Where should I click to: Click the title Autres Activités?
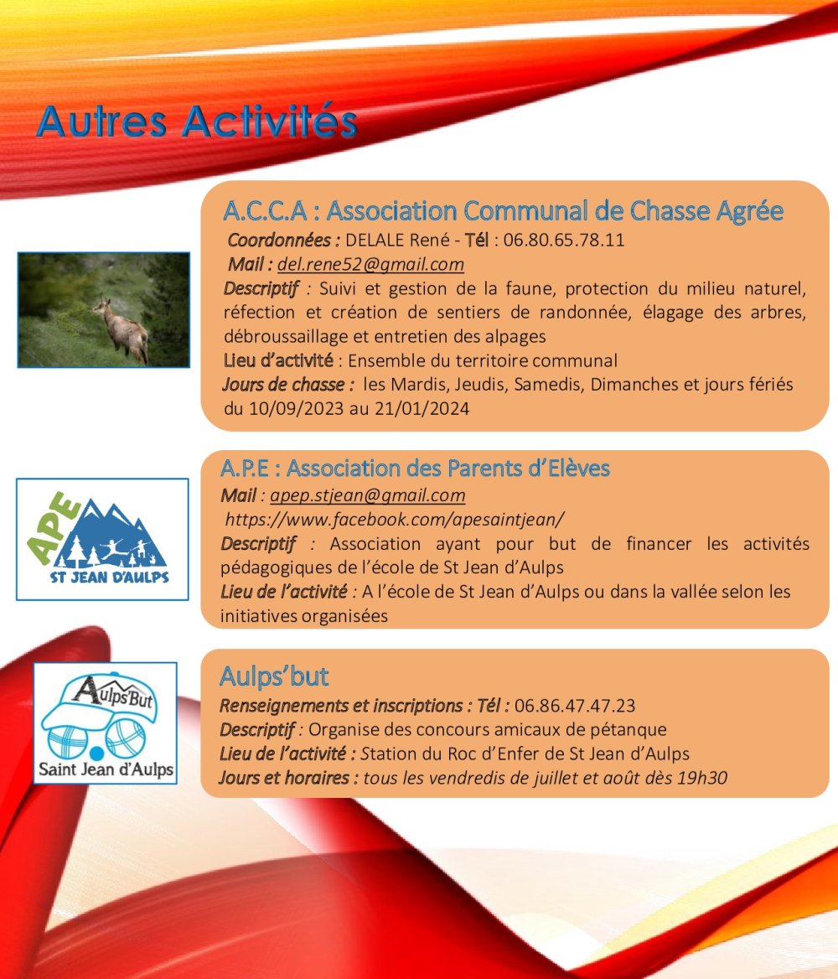197,122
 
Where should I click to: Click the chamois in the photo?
122,329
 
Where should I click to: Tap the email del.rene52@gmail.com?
370,265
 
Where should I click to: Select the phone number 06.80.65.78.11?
564,240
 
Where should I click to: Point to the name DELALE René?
397,240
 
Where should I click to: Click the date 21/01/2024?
422,409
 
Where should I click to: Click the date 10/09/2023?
296,409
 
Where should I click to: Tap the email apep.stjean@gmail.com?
367,495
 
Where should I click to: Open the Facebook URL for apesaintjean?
395,520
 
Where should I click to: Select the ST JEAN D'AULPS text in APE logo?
110,578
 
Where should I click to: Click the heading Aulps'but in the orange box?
273,676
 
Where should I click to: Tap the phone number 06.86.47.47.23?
575,706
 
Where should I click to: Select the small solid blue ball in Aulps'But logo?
96,752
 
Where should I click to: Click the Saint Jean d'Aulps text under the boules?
106,769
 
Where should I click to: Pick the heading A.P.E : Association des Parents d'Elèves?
415,469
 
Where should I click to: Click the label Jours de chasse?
283,385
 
